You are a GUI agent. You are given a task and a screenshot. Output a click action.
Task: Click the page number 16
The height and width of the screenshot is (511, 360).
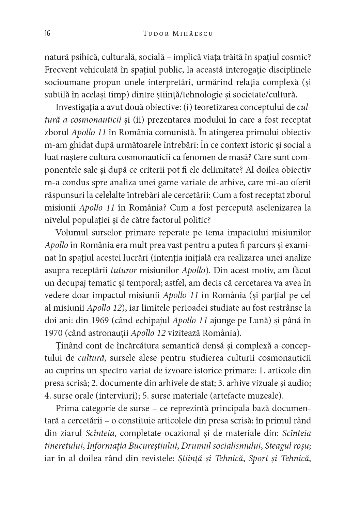47,33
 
